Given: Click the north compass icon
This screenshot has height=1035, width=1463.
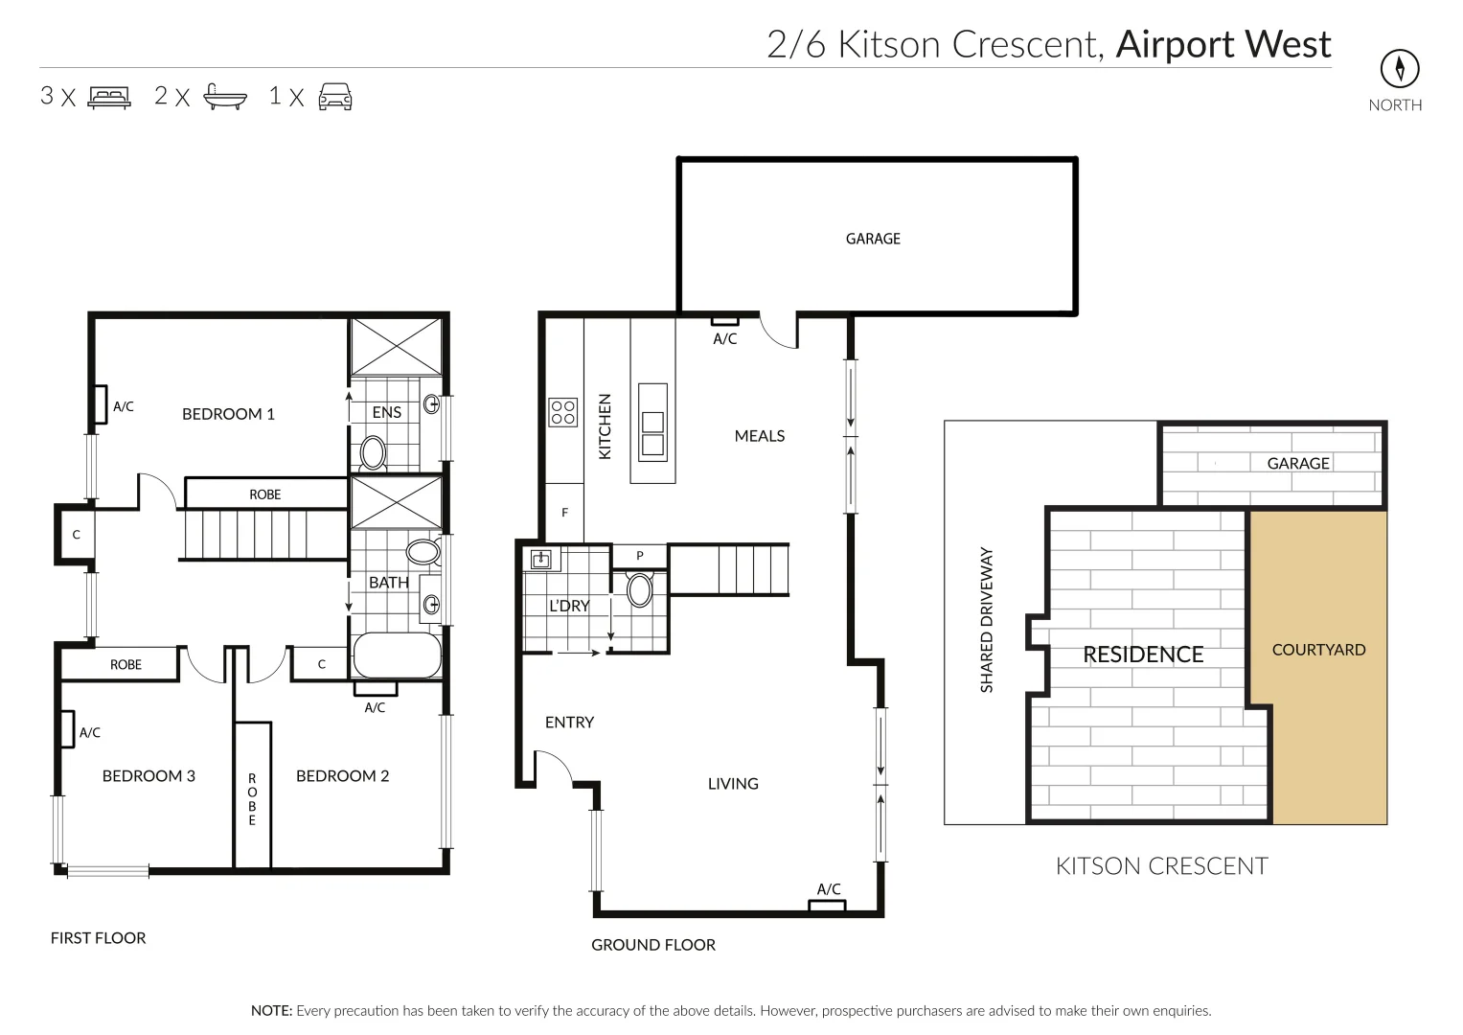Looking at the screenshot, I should coord(1399,69).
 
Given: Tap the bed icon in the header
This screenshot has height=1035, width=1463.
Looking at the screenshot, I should coord(109,97).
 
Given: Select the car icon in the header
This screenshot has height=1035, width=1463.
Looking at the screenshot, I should coord(335,97).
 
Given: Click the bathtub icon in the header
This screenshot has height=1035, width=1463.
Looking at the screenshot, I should coord(225,97).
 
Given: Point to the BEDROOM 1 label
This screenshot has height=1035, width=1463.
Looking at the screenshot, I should coord(228,414).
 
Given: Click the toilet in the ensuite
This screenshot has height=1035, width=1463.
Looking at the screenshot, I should coord(372,452).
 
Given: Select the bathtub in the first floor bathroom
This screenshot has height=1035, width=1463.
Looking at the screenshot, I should coord(397,656).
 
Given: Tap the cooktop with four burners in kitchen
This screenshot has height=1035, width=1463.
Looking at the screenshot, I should coord(563,412).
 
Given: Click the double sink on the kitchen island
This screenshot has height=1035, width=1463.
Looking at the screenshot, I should coord(652,433).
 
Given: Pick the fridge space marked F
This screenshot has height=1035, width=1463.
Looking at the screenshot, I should coord(564,513).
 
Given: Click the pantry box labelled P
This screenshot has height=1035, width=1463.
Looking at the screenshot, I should coord(639,556).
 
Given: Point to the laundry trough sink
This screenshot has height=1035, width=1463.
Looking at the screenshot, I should coord(542,559).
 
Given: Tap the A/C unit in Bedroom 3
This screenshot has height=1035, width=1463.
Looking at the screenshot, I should coord(67,728).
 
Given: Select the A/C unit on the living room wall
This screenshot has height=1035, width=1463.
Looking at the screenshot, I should coord(828,905).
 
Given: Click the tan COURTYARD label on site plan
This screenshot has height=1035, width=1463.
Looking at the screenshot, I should coord(1318,650).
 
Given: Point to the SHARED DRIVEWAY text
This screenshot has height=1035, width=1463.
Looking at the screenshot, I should coord(987,620).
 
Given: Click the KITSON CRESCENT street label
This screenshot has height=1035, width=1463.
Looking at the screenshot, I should coord(1161,866).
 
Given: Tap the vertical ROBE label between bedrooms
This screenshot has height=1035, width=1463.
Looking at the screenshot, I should coord(253,799).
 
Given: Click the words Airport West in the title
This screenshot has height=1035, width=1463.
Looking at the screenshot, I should coord(1223,44).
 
